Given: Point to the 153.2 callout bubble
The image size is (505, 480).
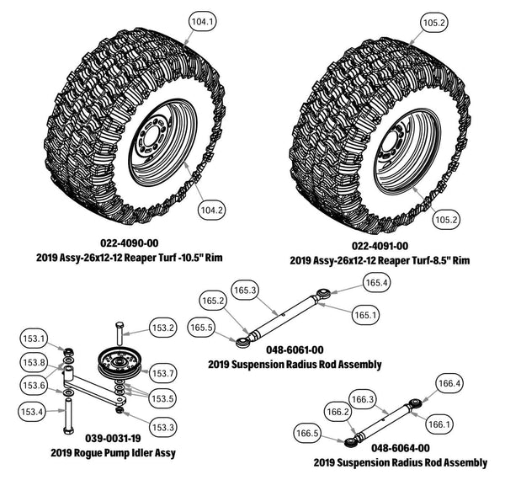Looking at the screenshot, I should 162,328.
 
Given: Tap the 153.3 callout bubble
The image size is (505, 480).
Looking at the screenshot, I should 162,428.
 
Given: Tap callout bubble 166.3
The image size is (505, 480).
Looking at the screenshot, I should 362,398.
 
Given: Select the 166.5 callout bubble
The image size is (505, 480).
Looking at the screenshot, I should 309,434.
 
